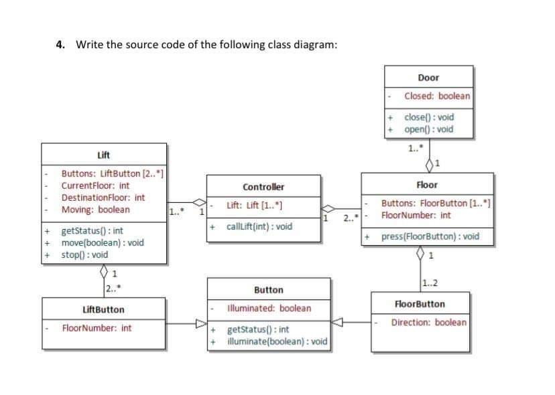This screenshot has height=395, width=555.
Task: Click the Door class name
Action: point(428,78)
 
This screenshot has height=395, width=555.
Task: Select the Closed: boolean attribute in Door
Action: point(437,96)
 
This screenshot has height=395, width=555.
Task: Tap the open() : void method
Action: point(429,129)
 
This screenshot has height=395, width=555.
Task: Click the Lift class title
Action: point(103,155)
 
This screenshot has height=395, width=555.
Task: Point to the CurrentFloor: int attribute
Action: point(95,185)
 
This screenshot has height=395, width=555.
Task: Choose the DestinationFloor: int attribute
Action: point(103,197)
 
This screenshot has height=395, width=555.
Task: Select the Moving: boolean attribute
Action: point(95,210)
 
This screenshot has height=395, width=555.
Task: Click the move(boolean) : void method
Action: point(102,242)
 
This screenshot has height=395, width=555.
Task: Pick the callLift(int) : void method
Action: point(259,226)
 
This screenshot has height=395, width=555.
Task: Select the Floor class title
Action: point(426,185)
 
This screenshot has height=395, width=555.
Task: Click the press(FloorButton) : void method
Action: point(430,236)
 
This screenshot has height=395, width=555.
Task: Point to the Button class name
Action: point(269,290)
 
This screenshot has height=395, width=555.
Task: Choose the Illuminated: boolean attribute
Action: point(269,309)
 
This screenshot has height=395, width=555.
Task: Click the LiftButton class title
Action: point(103,310)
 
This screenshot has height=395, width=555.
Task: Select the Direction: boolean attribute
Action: point(428,322)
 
